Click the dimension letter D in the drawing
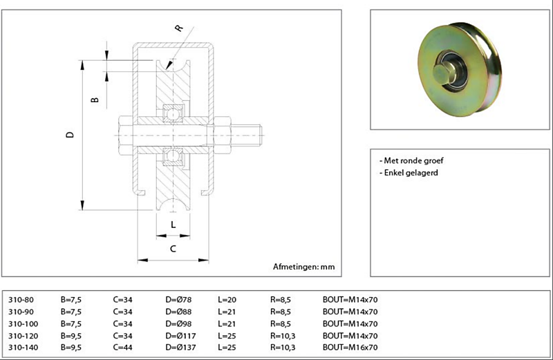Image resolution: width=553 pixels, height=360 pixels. (x=70, y=135)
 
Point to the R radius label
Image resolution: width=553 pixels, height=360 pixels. (x=178, y=28)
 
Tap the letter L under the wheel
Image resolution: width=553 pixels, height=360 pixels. (x=173, y=224)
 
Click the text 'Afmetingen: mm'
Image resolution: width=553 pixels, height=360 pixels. (x=303, y=266)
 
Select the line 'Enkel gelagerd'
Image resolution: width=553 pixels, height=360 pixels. (x=409, y=173)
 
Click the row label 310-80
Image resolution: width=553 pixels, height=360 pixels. (x=21, y=300)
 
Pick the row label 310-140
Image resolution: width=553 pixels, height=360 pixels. (x=23, y=347)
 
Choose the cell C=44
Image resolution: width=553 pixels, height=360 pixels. (x=123, y=347)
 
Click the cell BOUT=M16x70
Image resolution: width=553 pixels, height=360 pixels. (x=350, y=347)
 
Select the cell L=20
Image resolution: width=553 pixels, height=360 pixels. (x=227, y=300)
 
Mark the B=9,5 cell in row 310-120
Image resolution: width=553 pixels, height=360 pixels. (x=71, y=335)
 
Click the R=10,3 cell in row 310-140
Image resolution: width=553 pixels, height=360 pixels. (x=284, y=347)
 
